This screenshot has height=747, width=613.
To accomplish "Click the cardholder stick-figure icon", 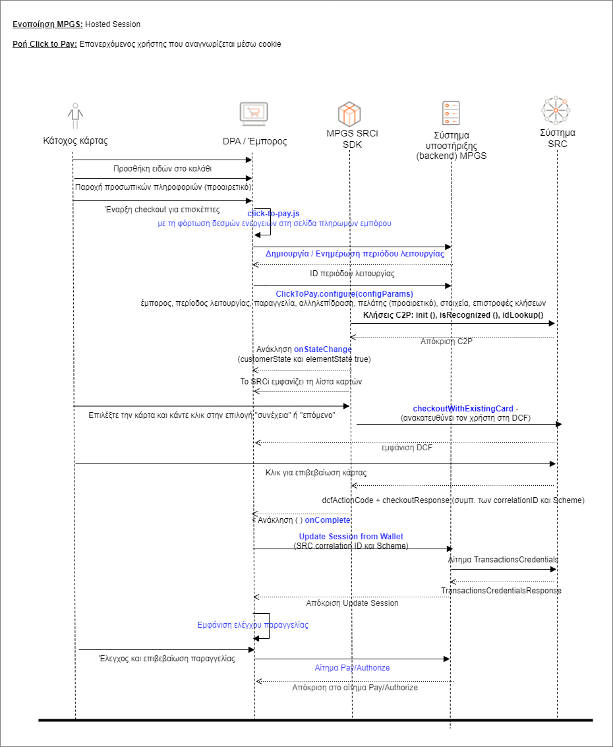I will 75,117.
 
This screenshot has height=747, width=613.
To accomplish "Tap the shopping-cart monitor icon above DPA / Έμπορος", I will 253,115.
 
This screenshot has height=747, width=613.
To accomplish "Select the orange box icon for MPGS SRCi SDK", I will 349,114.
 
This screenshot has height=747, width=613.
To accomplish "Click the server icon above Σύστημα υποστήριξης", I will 451,113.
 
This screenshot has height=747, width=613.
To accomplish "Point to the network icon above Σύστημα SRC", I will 556,111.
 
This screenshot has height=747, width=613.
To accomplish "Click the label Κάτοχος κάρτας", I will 75,140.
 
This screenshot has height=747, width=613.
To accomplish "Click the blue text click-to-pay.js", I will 273,214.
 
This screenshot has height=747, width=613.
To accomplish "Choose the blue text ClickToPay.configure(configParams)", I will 344,293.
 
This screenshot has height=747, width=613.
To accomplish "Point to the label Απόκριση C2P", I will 446,342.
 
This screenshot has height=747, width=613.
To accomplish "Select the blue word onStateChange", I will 323,349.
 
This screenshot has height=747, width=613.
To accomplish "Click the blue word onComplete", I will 328,520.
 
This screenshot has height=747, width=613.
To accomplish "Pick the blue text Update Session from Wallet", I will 351,537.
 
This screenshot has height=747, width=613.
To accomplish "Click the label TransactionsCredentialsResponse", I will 501,591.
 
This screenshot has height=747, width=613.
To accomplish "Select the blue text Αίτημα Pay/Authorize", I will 352,668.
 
